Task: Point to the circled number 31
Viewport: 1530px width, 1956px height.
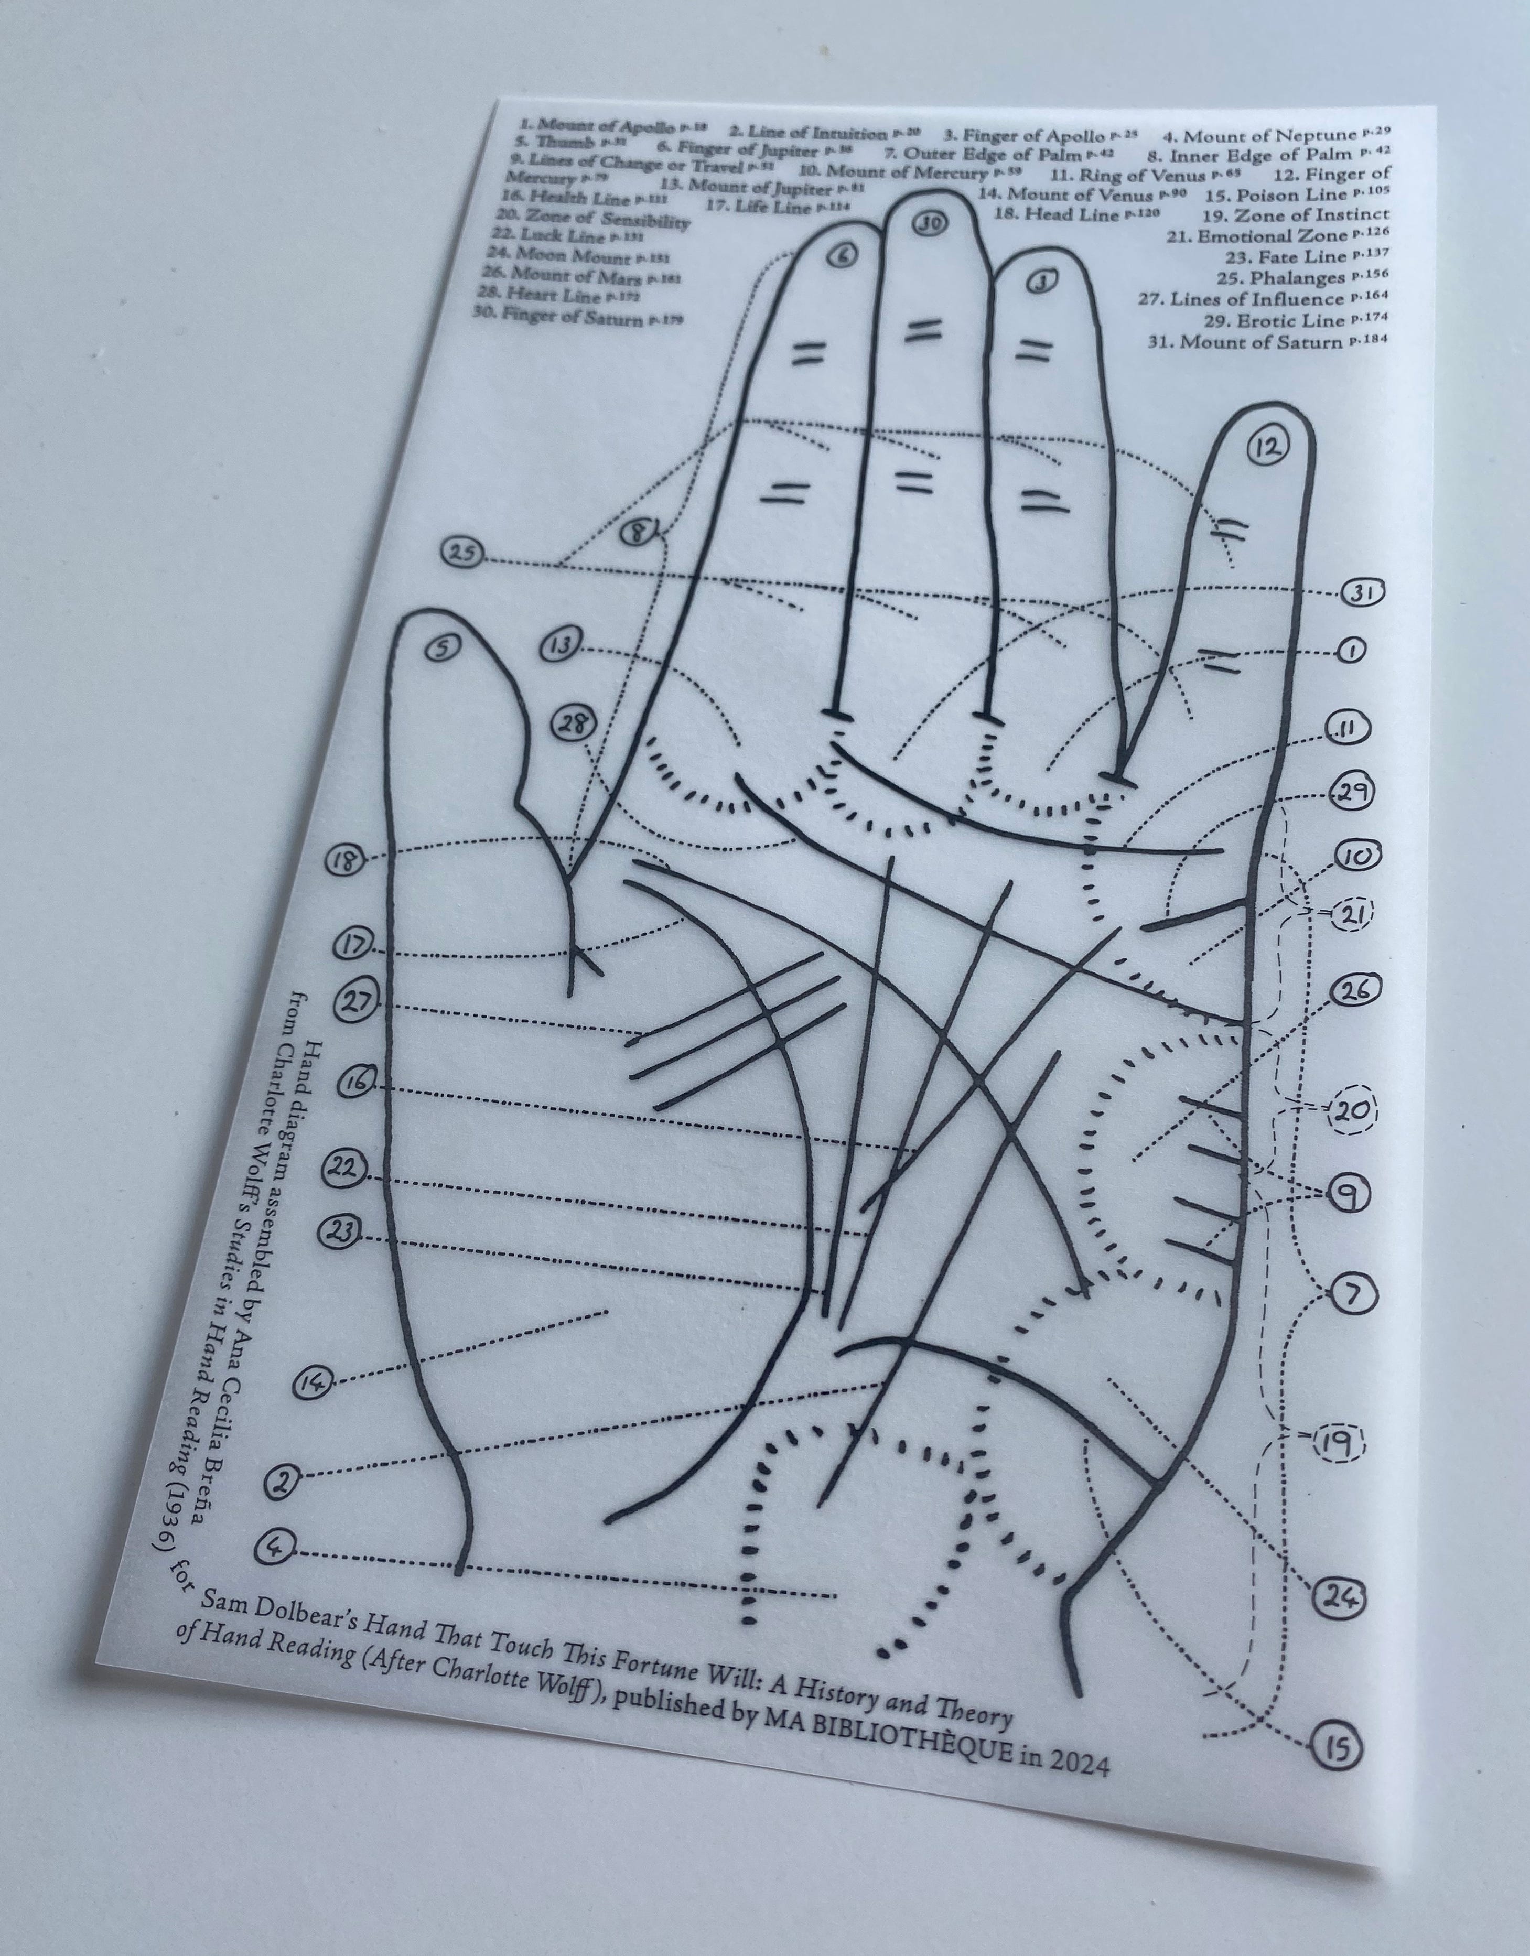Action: pyautogui.click(x=1363, y=593)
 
